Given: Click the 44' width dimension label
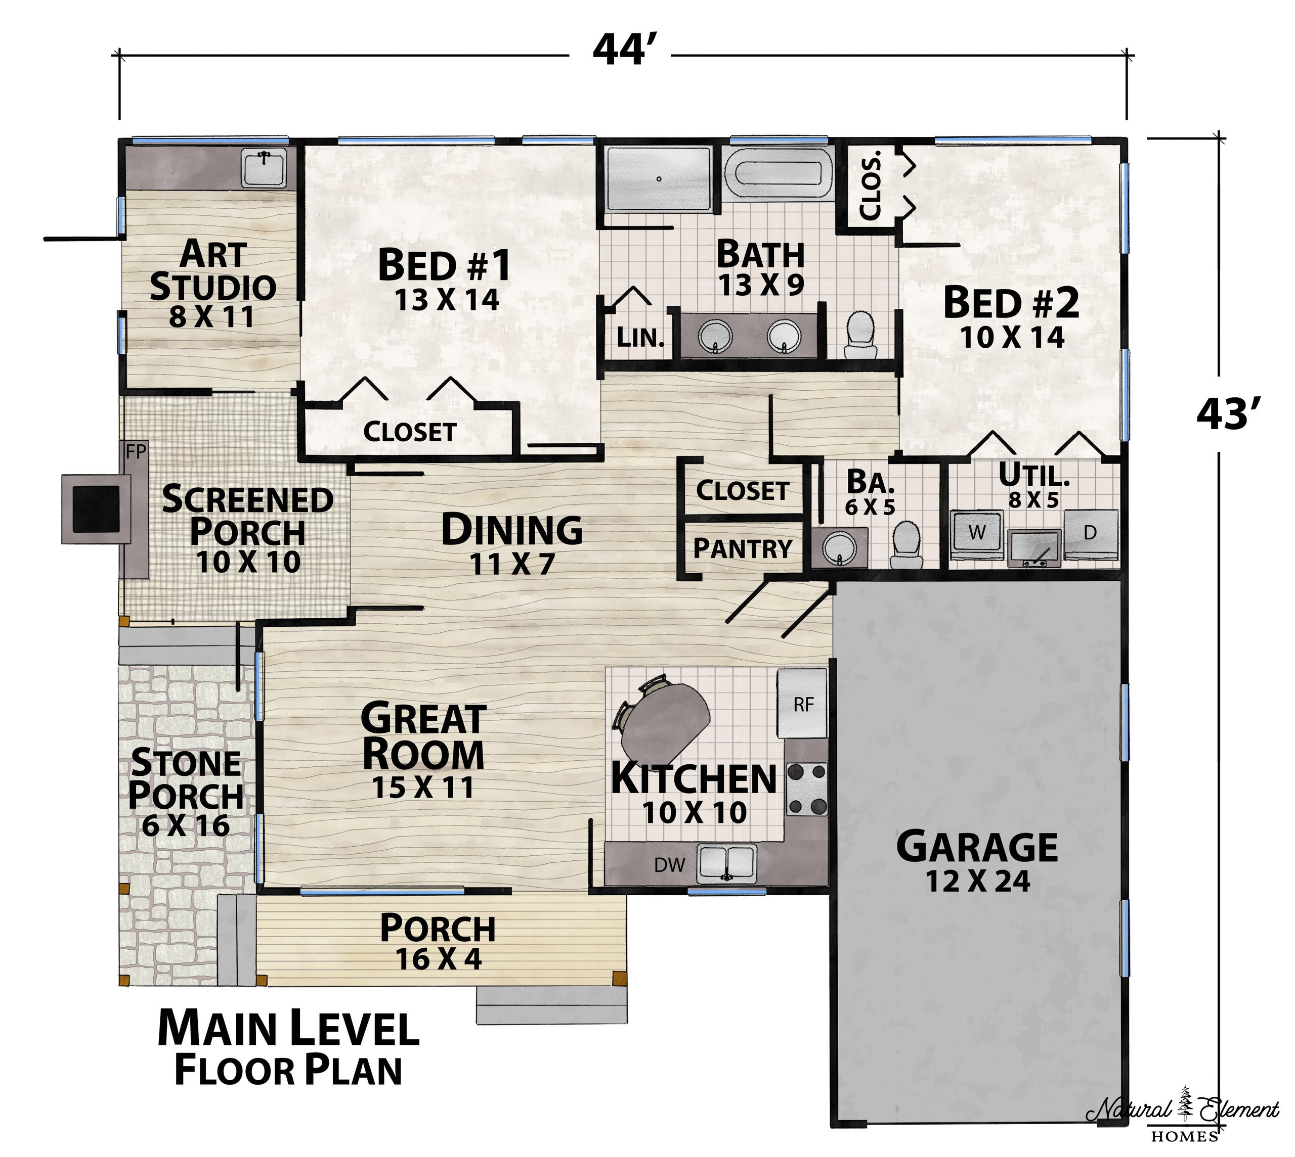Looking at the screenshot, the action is [x=620, y=50].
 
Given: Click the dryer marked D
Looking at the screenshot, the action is [x=1090, y=533].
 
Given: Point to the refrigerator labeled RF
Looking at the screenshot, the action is [x=803, y=704].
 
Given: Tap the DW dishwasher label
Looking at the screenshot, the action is [x=670, y=864].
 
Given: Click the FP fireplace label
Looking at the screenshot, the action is [x=136, y=452].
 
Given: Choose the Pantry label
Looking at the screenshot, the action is [x=742, y=548].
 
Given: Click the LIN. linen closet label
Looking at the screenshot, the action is [x=640, y=338].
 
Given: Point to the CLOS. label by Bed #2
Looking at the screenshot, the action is [x=870, y=185].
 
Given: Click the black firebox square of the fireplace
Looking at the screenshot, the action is [x=96, y=508].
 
